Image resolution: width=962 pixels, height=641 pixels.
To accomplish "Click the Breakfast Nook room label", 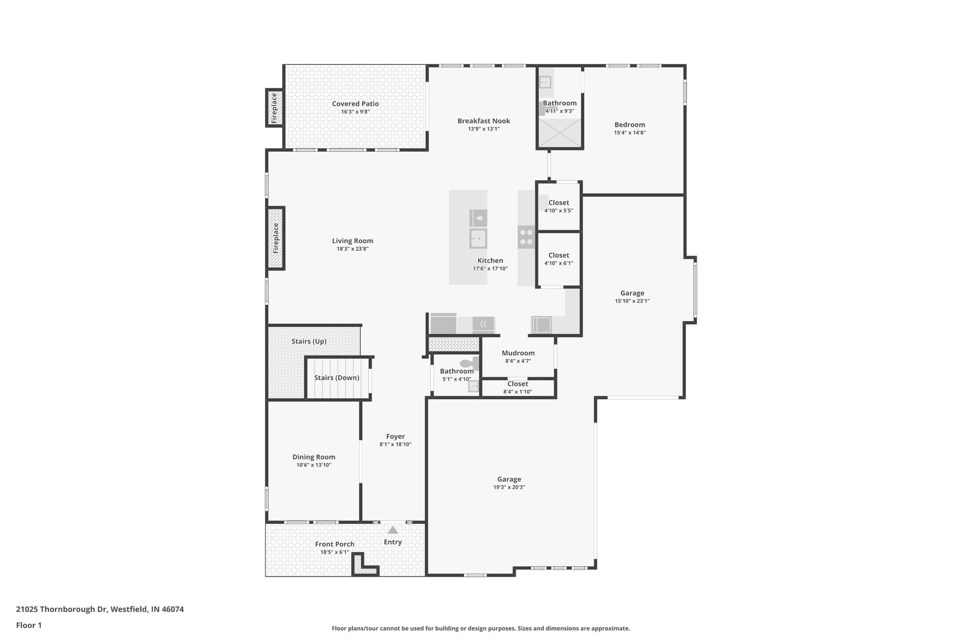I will [x=483, y=121].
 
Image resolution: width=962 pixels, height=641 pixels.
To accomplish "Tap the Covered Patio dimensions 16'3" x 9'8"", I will [x=355, y=112].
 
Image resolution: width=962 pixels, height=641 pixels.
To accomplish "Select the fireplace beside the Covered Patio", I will [x=275, y=108].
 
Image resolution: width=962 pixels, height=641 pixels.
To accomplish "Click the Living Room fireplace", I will [x=276, y=238].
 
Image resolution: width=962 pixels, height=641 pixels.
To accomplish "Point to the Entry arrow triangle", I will [x=393, y=530].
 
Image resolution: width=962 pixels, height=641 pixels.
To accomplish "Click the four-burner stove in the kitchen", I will [x=526, y=237].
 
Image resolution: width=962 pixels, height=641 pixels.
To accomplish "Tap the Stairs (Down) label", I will [x=336, y=378].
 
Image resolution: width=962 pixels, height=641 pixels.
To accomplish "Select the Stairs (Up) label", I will [x=309, y=341].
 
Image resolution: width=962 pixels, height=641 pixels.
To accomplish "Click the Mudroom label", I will [x=518, y=353].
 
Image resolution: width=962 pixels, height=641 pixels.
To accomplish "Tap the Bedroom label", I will [x=629, y=125].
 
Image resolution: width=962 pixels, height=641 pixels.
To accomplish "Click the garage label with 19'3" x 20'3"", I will [x=509, y=479].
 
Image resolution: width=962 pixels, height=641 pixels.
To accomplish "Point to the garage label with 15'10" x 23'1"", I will [x=632, y=293].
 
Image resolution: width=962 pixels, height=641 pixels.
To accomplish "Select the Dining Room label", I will [x=314, y=457].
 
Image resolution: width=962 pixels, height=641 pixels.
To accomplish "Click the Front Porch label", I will [x=334, y=544].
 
